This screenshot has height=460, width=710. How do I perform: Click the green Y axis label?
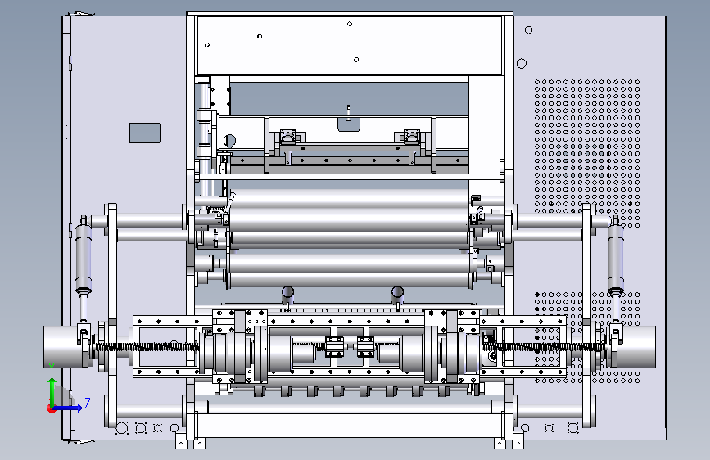coord(52,368)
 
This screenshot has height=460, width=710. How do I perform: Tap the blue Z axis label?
coord(88,403)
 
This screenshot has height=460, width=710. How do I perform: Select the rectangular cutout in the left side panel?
coord(144,133)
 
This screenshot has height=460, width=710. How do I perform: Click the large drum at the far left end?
coord(63,346)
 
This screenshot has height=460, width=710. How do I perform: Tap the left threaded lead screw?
coord(147,347)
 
